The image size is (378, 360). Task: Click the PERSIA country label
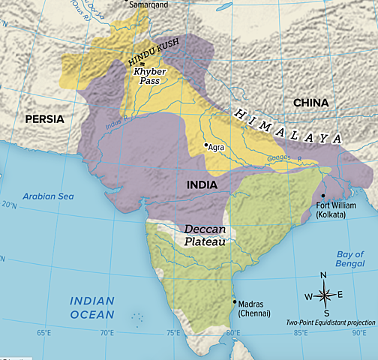pos(44,118)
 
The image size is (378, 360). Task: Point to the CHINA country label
pos(311,102)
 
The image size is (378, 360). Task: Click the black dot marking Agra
pos(206,145)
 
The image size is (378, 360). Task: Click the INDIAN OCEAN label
pos(92,307)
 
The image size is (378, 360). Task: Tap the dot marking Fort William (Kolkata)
pos(323,194)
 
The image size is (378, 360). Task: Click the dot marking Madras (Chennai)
pos(234,301)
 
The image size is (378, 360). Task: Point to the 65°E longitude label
pos(43,332)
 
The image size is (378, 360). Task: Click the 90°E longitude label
pos(359,332)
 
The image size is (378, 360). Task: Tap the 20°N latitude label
pos(9,204)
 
